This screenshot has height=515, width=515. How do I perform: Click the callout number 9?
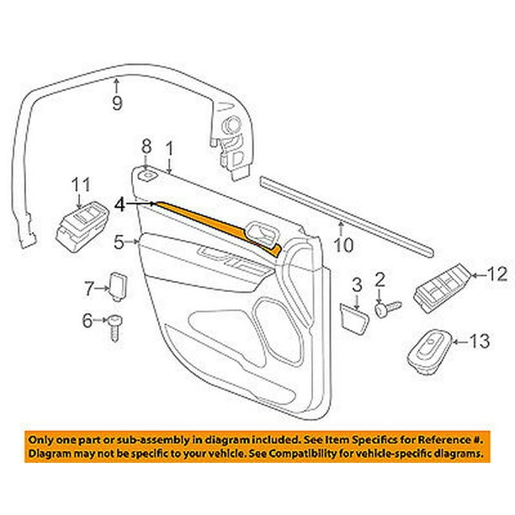coord(117,103)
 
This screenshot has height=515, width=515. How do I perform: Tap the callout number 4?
coord(119,204)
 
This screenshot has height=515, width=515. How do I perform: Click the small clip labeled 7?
coord(118,286)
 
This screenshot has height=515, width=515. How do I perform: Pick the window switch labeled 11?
coord(82,226)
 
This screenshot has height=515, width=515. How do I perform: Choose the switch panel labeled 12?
coord(443,289)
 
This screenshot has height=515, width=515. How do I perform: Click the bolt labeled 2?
coord(388,309)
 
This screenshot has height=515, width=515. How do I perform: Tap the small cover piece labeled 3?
coord(354,319)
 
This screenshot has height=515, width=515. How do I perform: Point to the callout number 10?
coord(343,245)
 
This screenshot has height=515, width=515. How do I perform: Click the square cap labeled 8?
coord(147,176)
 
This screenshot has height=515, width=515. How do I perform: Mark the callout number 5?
coord(119,242)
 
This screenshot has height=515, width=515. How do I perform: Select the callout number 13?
coord(480,341)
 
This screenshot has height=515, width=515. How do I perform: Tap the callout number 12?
coord(497,274)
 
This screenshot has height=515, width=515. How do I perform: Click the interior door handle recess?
coord(262,233)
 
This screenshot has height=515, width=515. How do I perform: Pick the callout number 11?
coord(81,185)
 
